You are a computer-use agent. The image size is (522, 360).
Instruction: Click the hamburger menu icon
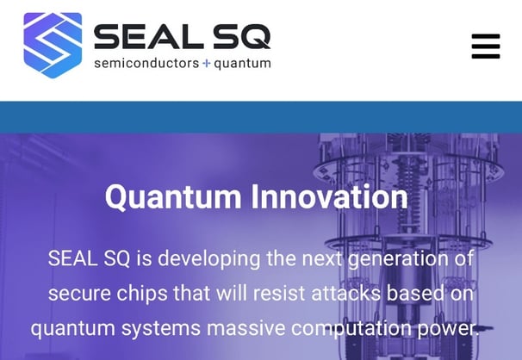(x=486, y=46)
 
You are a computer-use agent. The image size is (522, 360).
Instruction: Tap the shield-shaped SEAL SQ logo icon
(x=53, y=45)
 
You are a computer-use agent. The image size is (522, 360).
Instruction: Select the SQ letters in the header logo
(x=243, y=36)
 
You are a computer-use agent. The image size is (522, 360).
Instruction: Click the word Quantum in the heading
(x=173, y=197)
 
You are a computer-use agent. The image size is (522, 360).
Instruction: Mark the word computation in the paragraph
(x=350, y=329)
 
